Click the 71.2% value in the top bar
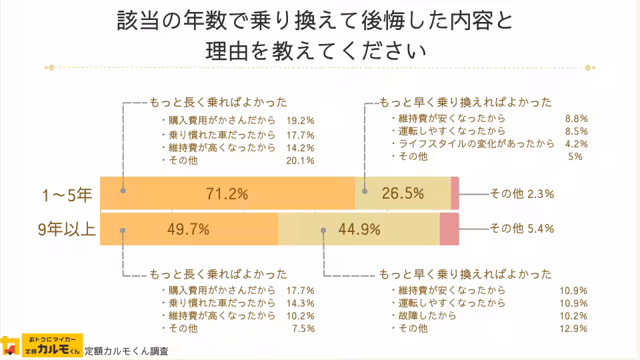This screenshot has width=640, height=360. click(x=227, y=194)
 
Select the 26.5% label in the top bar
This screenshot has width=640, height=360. click(x=403, y=194)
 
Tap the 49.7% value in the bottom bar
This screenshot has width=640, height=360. click(x=188, y=229)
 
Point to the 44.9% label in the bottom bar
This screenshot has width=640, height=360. click(x=359, y=229)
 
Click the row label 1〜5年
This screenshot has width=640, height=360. click(x=66, y=195)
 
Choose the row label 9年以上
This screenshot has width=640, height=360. click(x=66, y=230)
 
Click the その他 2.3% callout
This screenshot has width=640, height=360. click(x=522, y=194)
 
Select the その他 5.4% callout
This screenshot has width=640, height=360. click(x=522, y=229)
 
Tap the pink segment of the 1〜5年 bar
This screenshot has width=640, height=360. click(x=455, y=194)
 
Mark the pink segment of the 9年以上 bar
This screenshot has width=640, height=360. click(x=449, y=229)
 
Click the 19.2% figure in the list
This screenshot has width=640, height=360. click(x=300, y=121)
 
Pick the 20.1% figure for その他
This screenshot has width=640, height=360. click(x=300, y=161)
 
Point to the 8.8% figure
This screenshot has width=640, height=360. click(x=575, y=119)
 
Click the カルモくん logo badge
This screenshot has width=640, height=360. click(x=53, y=345)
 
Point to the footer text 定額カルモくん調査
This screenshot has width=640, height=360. click(x=127, y=351)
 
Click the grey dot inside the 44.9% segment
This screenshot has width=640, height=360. click(x=323, y=230)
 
